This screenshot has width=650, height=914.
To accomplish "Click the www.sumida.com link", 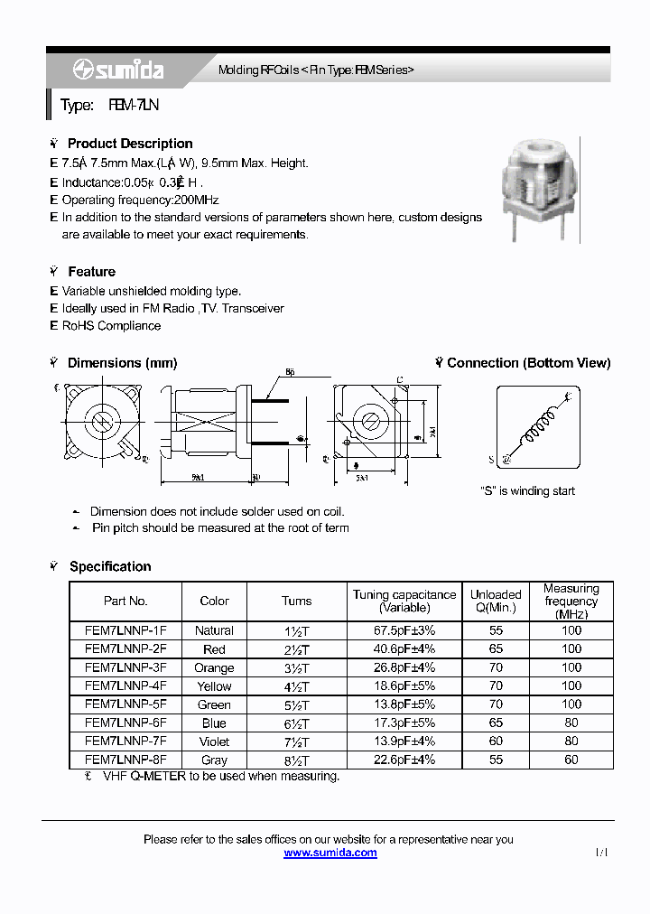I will (330, 853).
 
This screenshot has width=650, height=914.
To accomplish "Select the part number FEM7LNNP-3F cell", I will (125, 667).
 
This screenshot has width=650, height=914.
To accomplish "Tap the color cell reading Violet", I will (214, 741).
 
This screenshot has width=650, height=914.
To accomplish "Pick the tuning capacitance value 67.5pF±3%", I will (404, 630).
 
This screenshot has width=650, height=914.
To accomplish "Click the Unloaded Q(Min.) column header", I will (496, 601).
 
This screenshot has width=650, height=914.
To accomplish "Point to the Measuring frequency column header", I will (571, 601).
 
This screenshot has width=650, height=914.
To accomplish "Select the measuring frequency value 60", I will (571, 760).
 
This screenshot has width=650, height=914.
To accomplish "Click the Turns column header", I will (296, 601).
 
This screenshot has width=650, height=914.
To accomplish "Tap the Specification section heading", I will (110, 566).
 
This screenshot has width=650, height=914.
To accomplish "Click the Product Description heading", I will (130, 144).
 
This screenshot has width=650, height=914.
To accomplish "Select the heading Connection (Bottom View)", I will (528, 363).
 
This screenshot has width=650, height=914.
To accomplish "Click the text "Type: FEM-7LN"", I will (109, 106).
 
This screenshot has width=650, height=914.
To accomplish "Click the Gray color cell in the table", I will (214, 760).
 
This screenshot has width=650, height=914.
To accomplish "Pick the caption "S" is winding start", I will (527, 491).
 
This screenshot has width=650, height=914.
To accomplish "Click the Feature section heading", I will (91, 272).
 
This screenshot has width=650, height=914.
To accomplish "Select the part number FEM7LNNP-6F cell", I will (125, 723).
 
